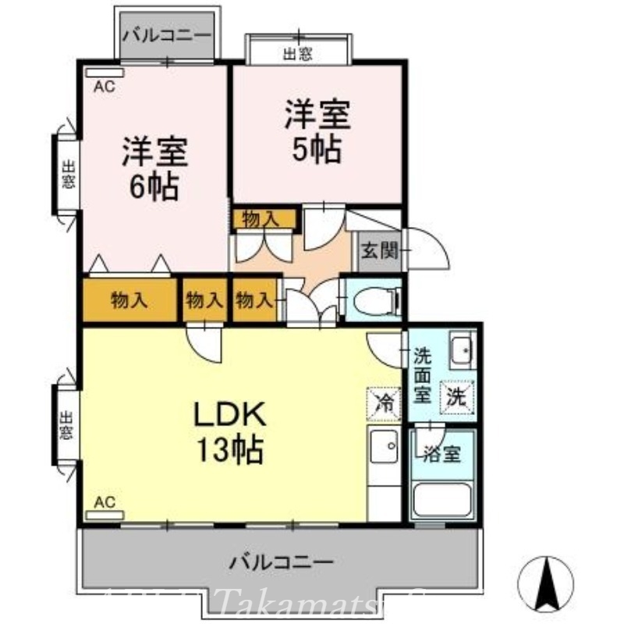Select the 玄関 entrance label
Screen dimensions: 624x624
[x=379, y=251]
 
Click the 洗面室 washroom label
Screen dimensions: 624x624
[x=422, y=374]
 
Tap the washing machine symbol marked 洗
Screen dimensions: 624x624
[x=457, y=395]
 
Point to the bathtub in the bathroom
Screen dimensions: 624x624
[x=441, y=498]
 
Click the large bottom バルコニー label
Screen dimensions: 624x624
[x=282, y=561]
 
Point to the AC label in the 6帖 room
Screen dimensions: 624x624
[x=105, y=87]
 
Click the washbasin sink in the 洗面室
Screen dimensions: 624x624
[x=463, y=351]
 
